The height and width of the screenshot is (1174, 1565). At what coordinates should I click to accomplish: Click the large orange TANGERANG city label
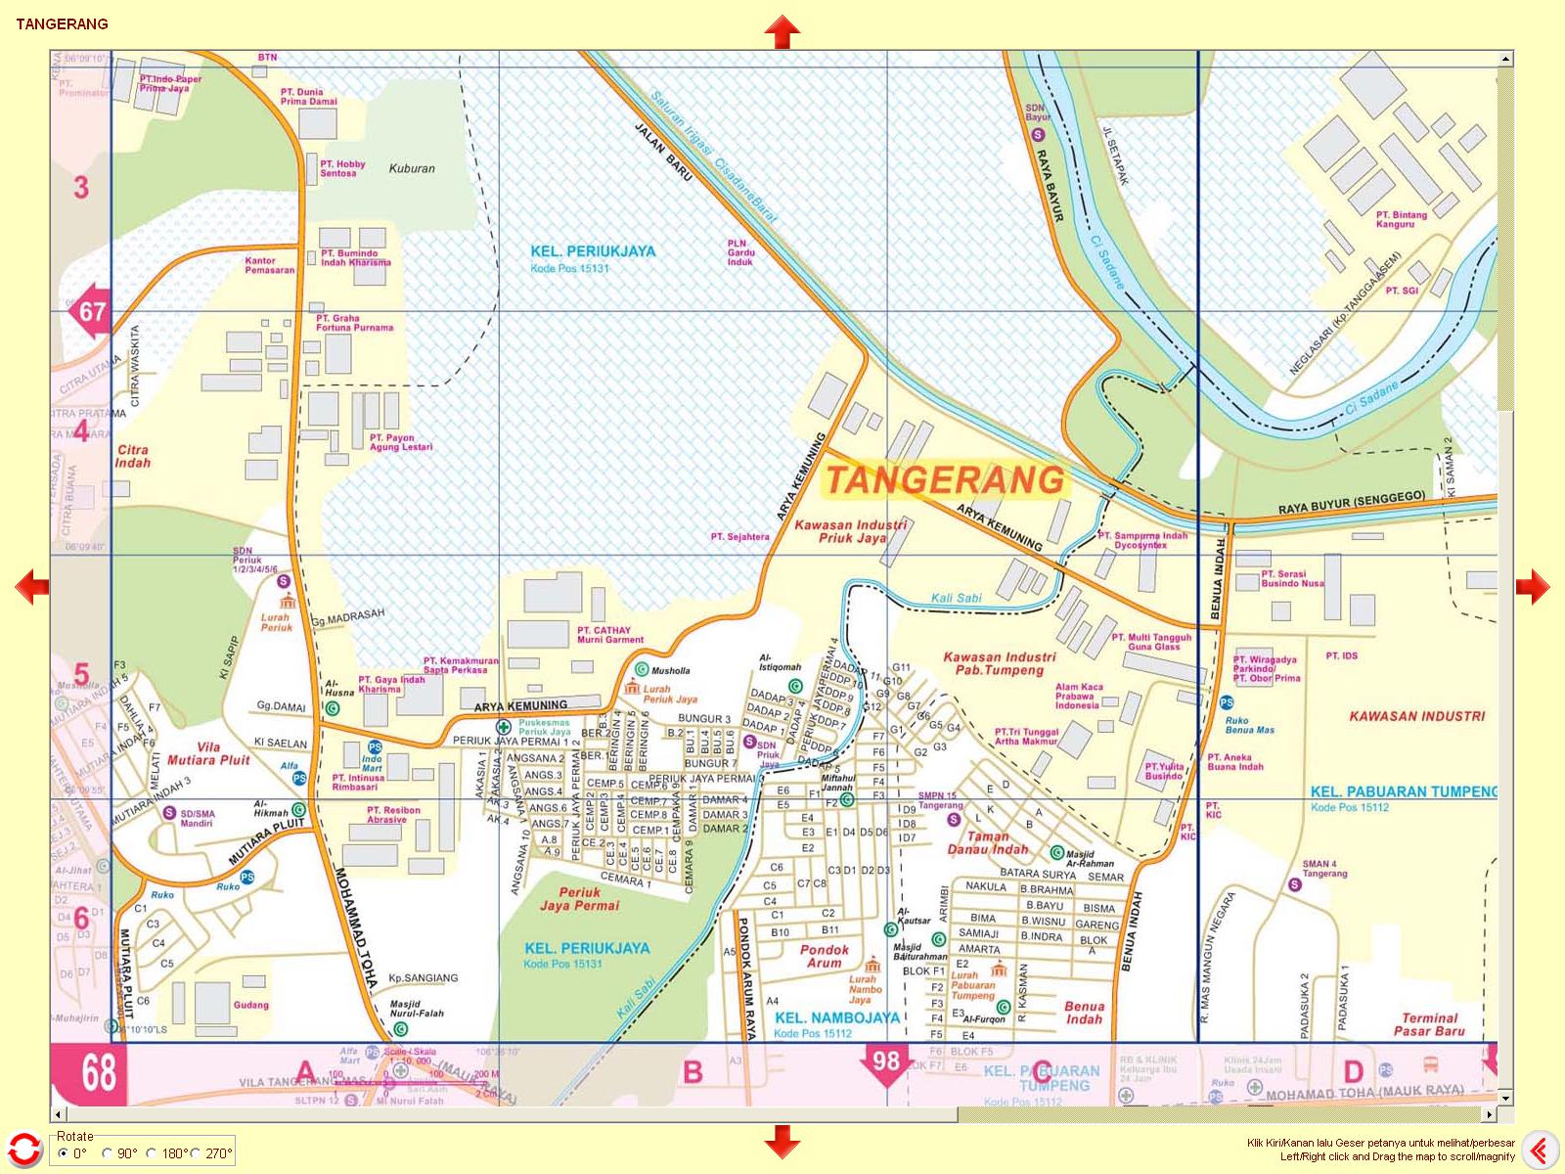945,480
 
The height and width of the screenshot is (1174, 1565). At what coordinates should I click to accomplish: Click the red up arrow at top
782,31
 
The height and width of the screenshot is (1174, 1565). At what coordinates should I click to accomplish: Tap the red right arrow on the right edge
1533,587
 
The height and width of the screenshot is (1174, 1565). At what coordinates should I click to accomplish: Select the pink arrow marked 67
88,312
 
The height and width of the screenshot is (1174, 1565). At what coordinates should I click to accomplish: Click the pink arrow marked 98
886,1062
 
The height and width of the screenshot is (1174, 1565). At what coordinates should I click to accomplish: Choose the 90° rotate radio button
109,1153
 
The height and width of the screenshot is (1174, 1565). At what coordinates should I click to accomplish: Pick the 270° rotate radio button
196,1153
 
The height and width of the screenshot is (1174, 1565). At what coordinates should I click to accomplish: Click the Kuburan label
412,168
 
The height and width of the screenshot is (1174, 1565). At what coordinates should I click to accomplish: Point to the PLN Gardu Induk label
740,252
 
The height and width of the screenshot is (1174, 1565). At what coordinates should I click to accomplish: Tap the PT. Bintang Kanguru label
1401,219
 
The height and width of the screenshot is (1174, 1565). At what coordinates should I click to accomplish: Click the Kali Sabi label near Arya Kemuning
956,597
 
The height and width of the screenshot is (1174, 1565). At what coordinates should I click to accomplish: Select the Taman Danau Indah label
987,842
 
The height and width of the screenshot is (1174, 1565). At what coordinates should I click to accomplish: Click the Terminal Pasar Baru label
1429,1024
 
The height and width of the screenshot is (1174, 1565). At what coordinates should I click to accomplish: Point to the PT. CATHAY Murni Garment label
609,635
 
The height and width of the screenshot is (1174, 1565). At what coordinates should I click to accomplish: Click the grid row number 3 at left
81,187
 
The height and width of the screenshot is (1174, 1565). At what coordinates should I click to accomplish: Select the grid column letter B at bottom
693,1073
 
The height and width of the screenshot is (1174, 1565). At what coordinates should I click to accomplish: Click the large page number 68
98,1073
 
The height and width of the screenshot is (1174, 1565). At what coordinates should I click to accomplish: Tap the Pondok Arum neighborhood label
825,956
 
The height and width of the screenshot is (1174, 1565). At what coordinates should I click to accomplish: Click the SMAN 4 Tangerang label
1324,869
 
